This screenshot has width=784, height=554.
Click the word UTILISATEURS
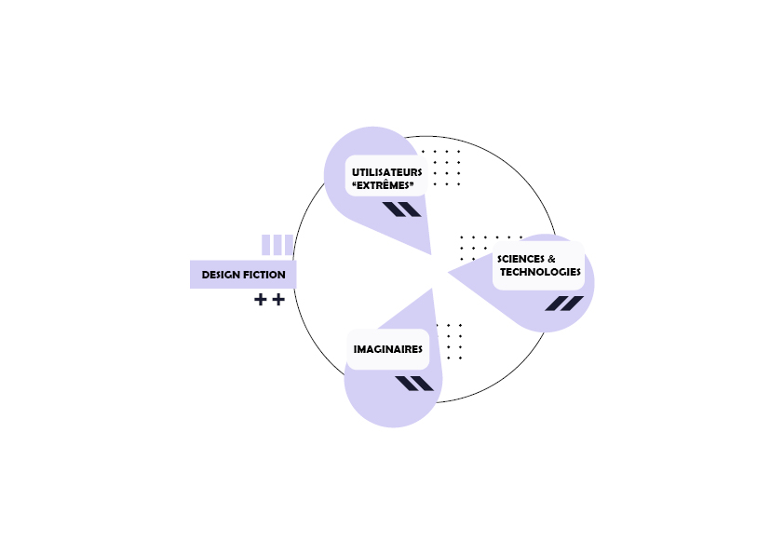(386, 172)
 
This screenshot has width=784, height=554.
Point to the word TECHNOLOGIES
(540, 272)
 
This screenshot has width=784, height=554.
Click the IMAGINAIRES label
(388, 349)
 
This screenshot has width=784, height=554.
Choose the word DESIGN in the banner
(222, 275)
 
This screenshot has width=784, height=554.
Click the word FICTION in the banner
(265, 275)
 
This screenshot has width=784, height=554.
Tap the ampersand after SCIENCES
(551, 258)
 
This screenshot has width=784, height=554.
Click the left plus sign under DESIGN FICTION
(261, 300)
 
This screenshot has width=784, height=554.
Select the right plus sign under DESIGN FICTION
(277, 300)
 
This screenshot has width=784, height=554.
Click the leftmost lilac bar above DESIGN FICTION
(266, 244)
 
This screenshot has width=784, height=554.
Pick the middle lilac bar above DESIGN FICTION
(277, 244)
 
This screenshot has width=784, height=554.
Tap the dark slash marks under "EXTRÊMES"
(402, 209)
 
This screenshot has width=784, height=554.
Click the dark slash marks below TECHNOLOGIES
(564, 303)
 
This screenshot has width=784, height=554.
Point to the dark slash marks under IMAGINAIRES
(414, 384)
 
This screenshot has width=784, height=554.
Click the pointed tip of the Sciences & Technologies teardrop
(447, 272)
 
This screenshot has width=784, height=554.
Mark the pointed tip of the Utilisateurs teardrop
(430, 254)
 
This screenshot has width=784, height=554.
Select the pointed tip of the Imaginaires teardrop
(433, 288)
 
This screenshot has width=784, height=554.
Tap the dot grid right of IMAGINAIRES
(454, 341)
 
